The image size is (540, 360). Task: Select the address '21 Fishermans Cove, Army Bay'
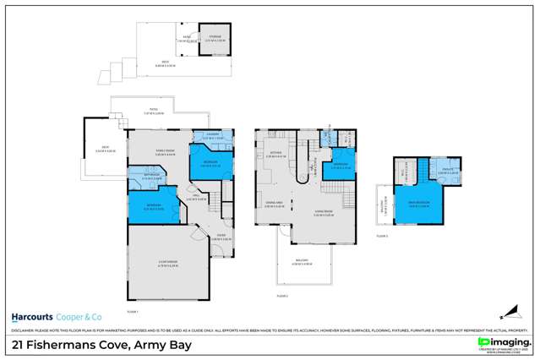[101, 345]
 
